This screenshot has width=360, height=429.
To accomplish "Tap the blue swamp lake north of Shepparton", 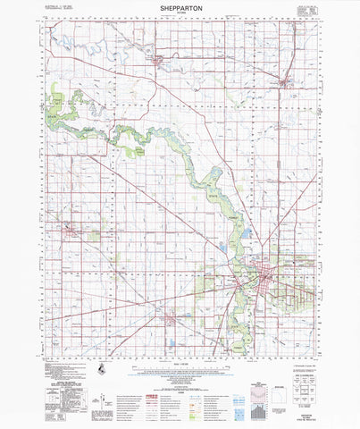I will click(245, 235).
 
